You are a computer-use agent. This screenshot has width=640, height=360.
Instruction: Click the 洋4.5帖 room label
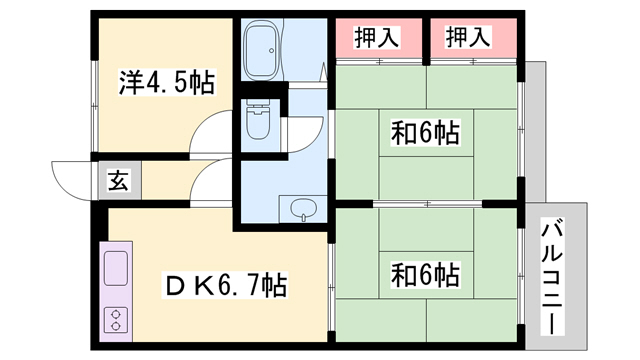click(x=167, y=82)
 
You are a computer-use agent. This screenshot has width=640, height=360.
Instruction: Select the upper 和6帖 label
click(x=425, y=132)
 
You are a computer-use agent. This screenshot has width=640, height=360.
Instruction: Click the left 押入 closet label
click(x=378, y=39)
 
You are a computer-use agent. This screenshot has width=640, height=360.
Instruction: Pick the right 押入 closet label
click(x=469, y=39)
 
